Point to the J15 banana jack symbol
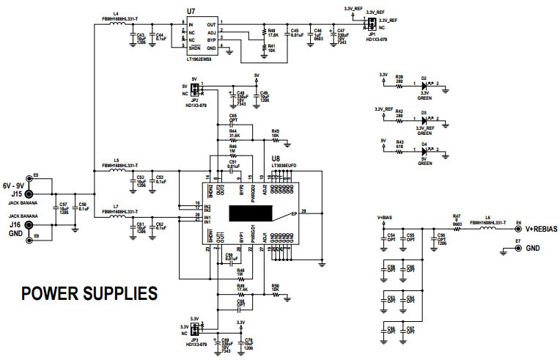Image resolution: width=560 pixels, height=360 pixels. tap(29, 186)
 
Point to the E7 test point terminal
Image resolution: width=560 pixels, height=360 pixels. tap(504, 249)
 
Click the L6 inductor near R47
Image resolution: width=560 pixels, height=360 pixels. tap(487, 229)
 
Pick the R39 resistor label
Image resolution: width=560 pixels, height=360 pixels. tap(399, 76)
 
